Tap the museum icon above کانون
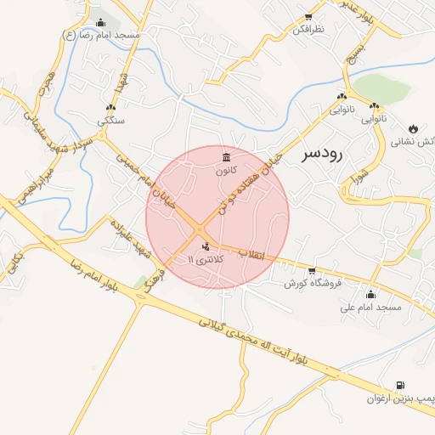225,157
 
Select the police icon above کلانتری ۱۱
205,246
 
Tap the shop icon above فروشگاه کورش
312,270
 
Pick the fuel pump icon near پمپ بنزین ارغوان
400,386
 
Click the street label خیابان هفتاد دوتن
248,179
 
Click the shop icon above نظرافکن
308,17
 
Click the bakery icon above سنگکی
111,108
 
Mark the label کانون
225,170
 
